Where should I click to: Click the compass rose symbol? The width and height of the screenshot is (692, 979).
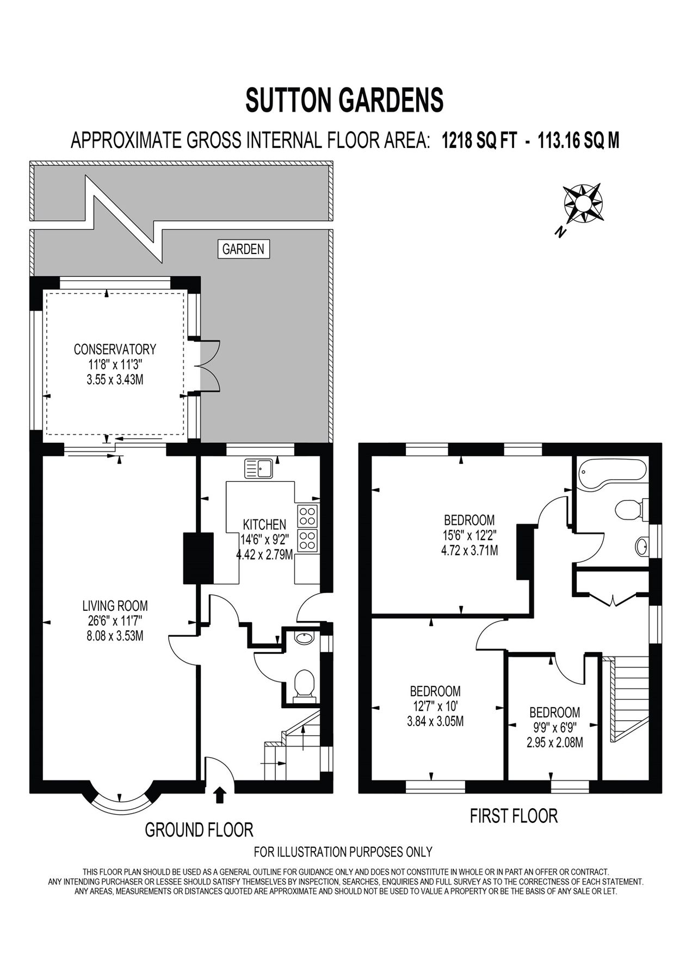tap(583, 205)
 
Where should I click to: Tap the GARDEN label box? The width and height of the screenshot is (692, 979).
tap(243, 249)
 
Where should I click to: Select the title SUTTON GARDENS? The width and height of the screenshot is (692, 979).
tap(345, 100)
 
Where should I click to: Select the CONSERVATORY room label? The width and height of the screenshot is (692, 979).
tap(115, 349)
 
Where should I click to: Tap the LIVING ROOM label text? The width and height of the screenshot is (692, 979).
tap(115, 605)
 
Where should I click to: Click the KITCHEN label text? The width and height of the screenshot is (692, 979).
tap(264, 524)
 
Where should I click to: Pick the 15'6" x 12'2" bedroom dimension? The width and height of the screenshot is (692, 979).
tap(469, 535)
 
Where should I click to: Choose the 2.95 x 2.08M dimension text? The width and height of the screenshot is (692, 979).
tap(554, 742)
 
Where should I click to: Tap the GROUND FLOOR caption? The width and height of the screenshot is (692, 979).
tap(199, 829)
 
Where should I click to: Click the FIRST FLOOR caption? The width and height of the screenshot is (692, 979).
tap(514, 816)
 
